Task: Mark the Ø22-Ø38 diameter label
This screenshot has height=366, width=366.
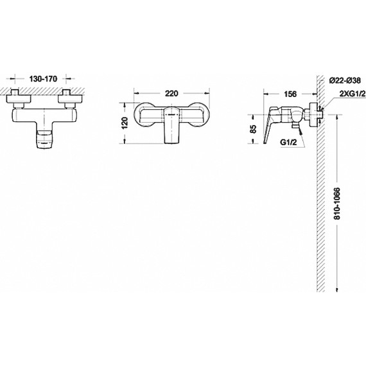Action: tap(345, 81)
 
